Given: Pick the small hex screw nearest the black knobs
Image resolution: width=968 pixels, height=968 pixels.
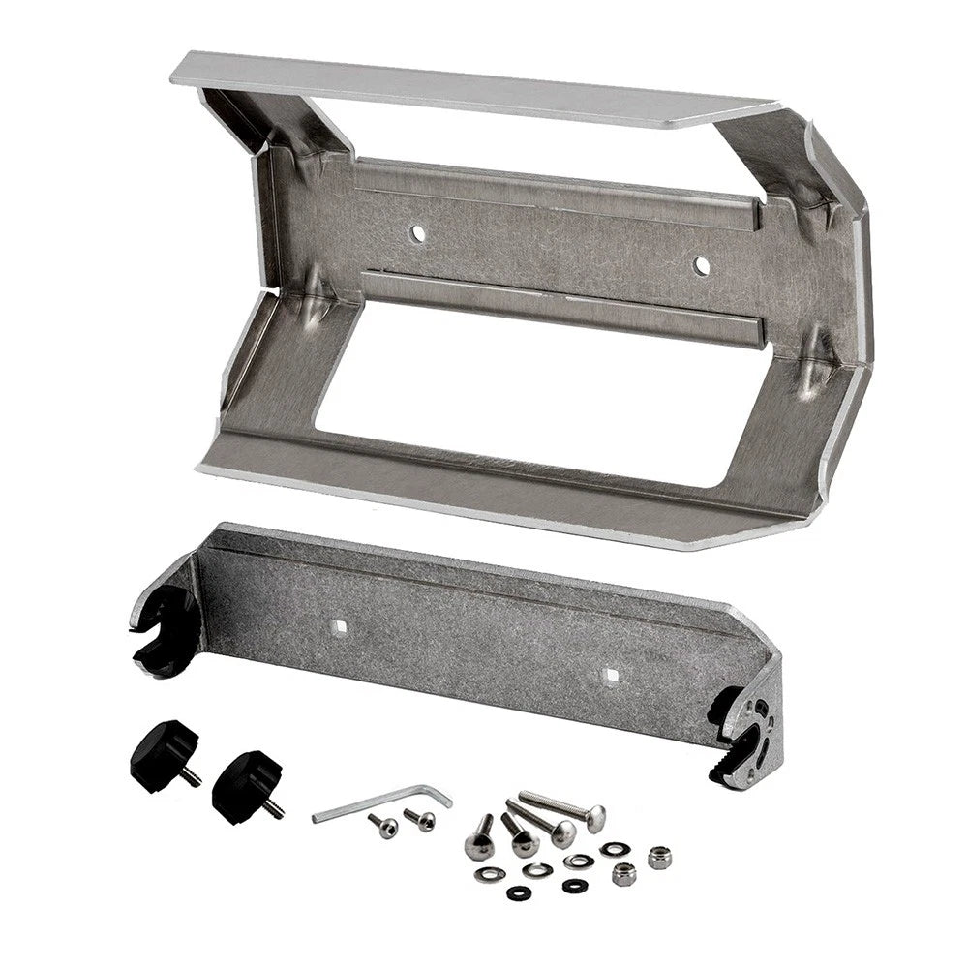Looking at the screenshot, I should point(383,827).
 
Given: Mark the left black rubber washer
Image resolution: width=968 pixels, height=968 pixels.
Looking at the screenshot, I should point(515,892).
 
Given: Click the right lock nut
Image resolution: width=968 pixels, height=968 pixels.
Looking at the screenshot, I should point(660,857).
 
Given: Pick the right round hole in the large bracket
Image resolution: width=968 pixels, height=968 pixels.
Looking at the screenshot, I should point(702,264).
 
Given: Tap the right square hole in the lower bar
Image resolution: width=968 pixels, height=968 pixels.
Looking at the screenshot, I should point(609,672).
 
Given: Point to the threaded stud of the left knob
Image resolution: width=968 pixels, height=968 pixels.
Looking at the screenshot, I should point(195,775).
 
